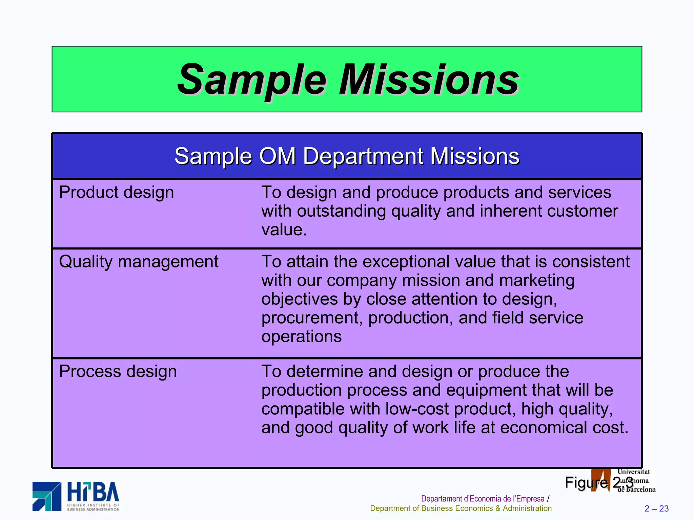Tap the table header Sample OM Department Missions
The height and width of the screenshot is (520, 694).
pyautogui.click(x=347, y=156)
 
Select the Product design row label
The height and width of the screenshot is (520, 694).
pyautogui.click(x=116, y=193)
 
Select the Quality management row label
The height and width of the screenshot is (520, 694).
pyautogui.click(x=138, y=262)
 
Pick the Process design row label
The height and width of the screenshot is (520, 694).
pyautogui.click(x=118, y=372)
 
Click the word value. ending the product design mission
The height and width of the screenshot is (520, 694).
pyautogui.click(x=284, y=230)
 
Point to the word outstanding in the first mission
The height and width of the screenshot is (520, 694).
pyautogui.click(x=341, y=211)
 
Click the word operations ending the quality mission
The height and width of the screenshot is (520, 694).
pyautogui.click(x=301, y=337)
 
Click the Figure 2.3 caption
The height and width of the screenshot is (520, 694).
pyautogui.click(x=599, y=482)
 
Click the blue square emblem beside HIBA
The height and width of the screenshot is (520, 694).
pyautogui.click(x=47, y=496)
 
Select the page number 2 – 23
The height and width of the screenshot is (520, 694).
pyautogui.click(x=656, y=508)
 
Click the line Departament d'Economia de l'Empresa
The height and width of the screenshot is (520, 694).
pyautogui.click(x=483, y=499)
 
